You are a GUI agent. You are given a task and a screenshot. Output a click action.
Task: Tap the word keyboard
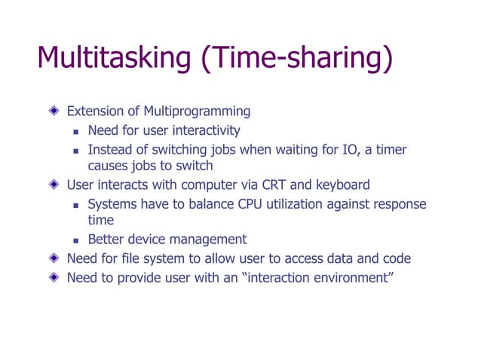(342, 185)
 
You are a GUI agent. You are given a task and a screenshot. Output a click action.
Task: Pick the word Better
(106, 240)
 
